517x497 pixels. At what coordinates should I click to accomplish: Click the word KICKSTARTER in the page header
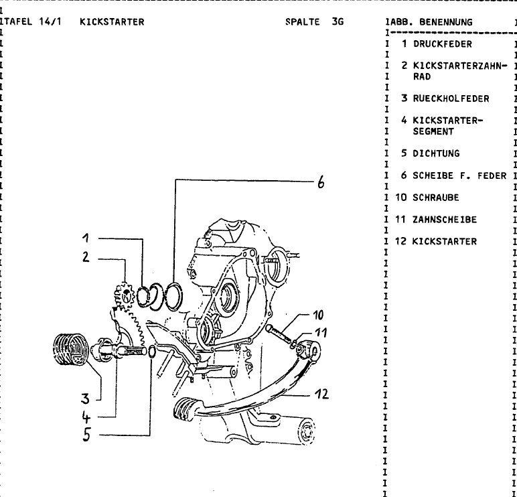point(111,22)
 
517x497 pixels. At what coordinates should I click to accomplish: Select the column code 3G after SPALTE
point(336,22)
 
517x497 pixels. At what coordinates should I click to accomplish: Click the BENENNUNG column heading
point(445,22)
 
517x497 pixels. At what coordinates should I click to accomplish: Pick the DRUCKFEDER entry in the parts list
point(442,44)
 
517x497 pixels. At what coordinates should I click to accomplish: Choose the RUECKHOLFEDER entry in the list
point(451,98)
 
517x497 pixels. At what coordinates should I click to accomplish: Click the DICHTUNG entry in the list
point(436,153)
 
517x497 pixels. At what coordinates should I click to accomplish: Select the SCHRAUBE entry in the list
point(436,198)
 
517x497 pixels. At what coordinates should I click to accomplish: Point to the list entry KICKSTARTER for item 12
point(445,242)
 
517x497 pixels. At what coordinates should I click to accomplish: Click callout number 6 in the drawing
point(321,182)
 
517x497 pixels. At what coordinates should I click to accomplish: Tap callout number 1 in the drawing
point(86,237)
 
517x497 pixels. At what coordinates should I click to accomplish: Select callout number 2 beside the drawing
point(86,257)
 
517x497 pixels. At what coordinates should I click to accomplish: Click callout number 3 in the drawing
point(85,399)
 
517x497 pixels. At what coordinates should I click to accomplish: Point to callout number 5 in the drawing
point(86,434)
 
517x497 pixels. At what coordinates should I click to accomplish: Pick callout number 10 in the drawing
point(318,315)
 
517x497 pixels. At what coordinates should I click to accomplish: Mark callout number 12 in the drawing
point(321,394)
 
